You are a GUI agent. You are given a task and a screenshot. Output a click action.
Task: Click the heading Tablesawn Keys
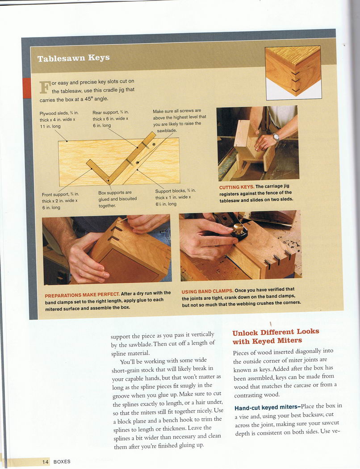pyautogui.click(x=73, y=58)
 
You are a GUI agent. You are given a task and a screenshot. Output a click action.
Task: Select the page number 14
pyautogui.click(x=45, y=461)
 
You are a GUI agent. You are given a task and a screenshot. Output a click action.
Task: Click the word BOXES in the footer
pyautogui.click(x=62, y=461)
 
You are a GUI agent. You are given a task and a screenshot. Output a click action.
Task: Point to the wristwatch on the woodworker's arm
pyautogui.click(x=276, y=137)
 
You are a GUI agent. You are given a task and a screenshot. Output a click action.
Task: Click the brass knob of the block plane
pyautogui.click(x=239, y=228)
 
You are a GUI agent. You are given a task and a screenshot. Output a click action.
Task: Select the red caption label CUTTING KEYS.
pyautogui.click(x=237, y=187)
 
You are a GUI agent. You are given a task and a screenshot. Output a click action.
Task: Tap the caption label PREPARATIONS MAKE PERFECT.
pyautogui.click(x=82, y=295)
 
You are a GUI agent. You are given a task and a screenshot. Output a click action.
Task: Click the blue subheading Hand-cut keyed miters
pyautogui.click(x=267, y=407)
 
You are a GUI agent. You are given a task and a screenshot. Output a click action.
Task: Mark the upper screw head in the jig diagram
pyautogui.click(x=154, y=144)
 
